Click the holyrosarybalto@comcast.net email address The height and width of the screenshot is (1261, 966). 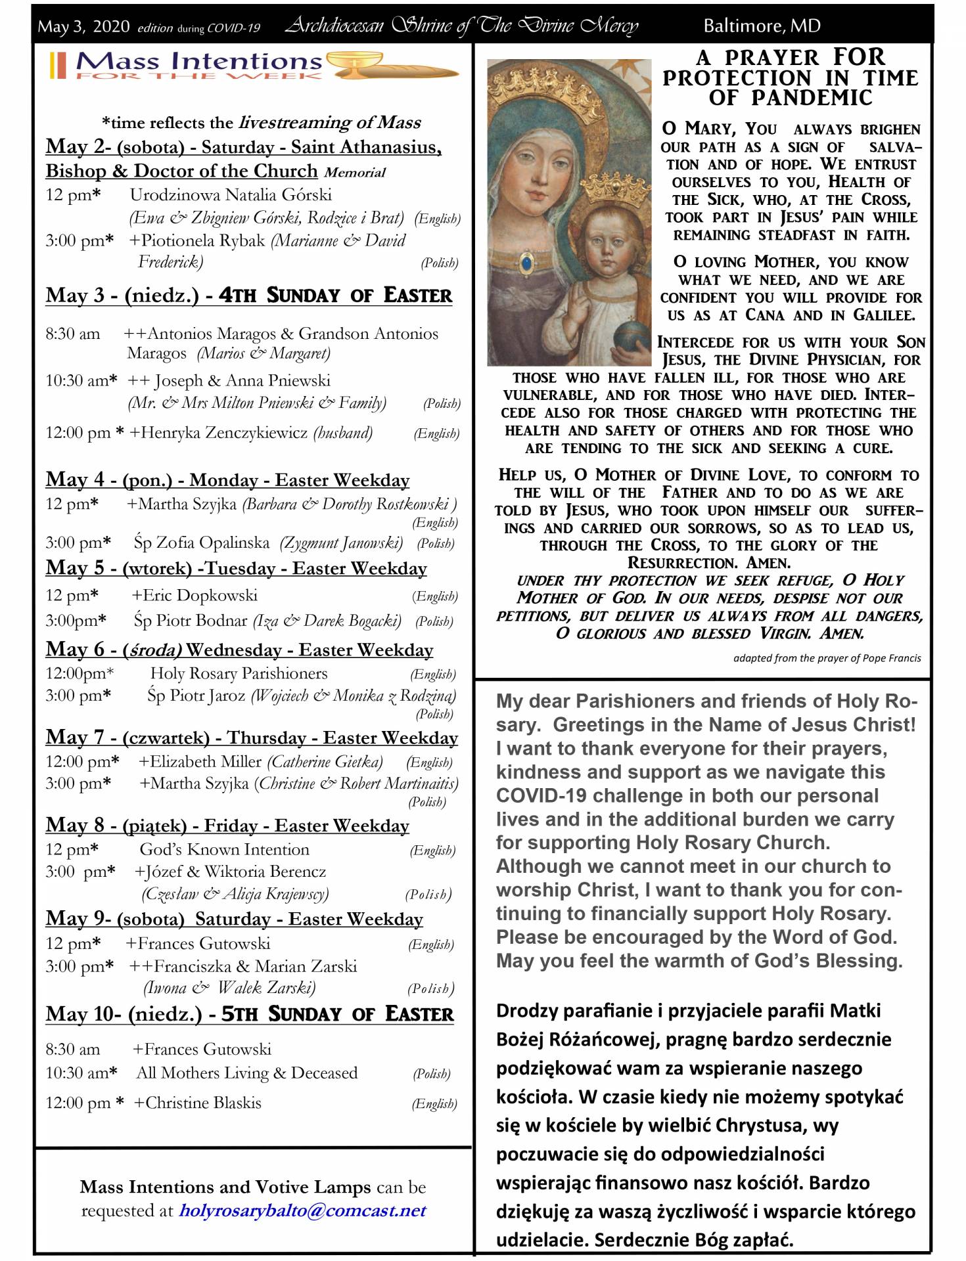point(302,1210)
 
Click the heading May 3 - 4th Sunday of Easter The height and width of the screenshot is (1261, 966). point(248,296)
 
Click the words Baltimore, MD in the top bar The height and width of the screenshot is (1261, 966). point(762,26)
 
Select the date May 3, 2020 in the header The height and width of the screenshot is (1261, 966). point(84,27)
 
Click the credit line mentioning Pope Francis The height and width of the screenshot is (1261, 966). point(827,658)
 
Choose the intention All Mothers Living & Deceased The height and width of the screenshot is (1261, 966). point(246,1073)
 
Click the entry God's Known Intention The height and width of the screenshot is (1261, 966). point(224,849)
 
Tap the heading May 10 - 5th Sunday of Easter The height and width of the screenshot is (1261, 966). point(249,1014)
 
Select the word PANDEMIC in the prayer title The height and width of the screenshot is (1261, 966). point(812,98)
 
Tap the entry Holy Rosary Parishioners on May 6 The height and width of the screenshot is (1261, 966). point(239,673)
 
